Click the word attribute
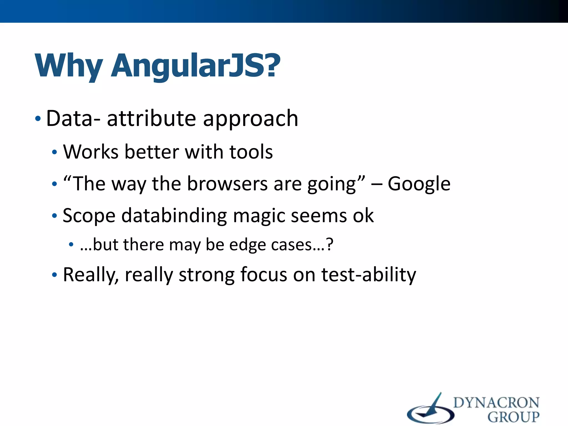[x=151, y=118]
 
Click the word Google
[x=419, y=184]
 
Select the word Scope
[x=89, y=216]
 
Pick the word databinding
[x=174, y=216]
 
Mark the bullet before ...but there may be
[x=71, y=245]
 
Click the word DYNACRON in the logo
[x=496, y=403]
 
